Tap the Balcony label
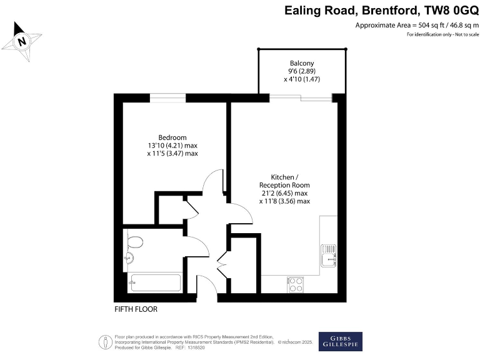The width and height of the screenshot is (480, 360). [301, 63]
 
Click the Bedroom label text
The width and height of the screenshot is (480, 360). [172, 137]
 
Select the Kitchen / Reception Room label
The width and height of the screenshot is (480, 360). [284, 181]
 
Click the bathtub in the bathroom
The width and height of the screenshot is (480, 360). [154, 283]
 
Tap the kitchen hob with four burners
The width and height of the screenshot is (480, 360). [296, 284]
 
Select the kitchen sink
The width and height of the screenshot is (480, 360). [329, 256]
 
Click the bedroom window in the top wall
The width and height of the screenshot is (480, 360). [167, 97]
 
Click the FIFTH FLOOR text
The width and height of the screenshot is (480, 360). [136, 309]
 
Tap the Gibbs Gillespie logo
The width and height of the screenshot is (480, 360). [340, 341]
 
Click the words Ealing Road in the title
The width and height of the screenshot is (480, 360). [319, 10]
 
